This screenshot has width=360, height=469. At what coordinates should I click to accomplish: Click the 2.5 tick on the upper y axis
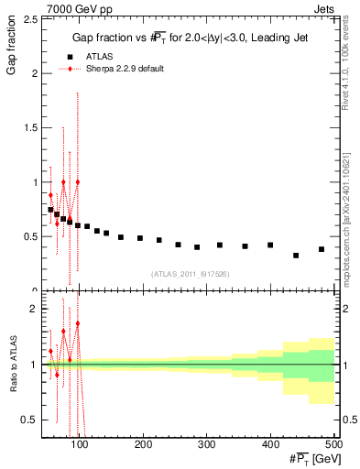point(31,19)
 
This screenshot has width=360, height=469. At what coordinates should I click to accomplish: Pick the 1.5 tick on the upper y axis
point(31,128)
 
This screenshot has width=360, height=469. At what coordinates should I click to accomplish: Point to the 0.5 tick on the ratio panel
point(31,420)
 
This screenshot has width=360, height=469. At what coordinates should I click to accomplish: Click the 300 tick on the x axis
point(206,444)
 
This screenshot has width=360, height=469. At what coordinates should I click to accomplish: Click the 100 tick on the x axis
point(80,444)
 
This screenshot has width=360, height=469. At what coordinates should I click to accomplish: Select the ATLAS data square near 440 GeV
point(296,256)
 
